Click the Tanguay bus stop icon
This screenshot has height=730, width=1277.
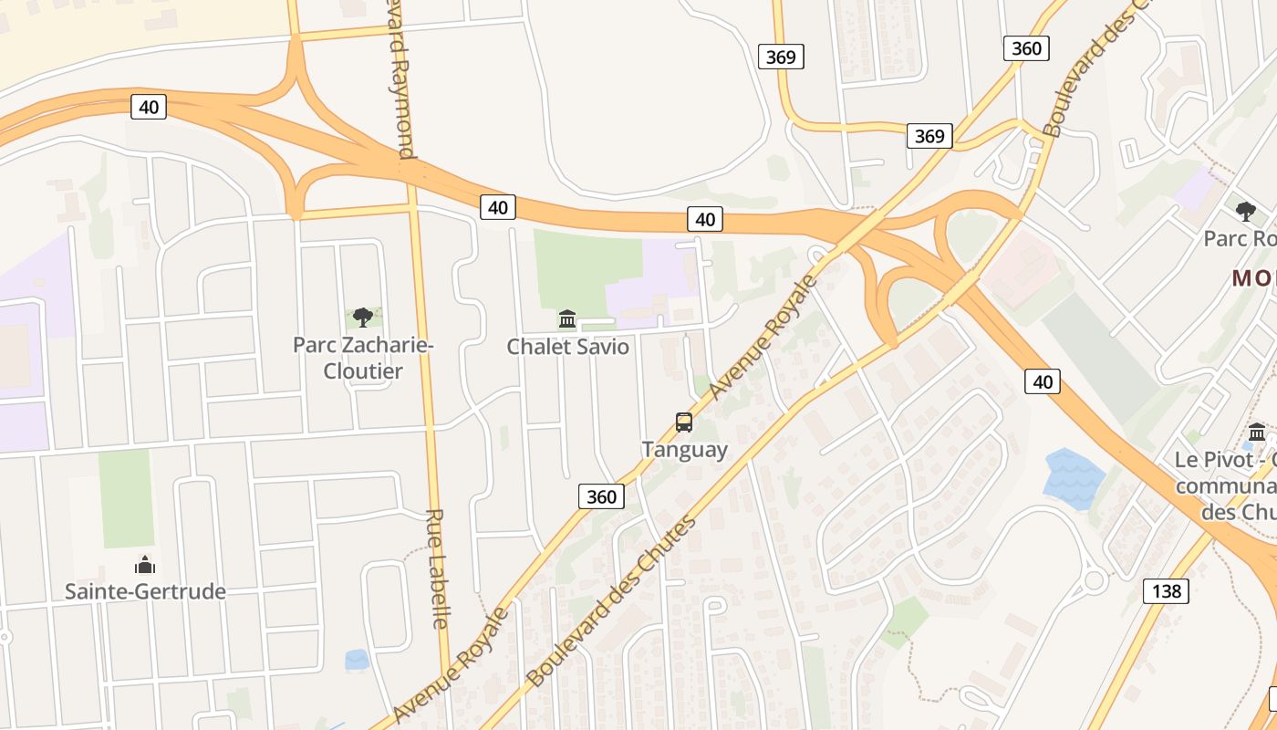(684, 422)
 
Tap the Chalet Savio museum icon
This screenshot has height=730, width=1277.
(567, 318)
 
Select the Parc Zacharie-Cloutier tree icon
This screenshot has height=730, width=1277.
(362, 317)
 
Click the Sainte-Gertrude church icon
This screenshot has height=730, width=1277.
(145, 565)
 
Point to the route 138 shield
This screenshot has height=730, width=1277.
(1166, 591)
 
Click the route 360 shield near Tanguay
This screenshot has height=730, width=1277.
(601, 496)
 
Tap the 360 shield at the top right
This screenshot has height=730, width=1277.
(1026, 48)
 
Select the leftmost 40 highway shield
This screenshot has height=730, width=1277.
(149, 107)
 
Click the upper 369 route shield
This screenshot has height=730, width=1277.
(781, 57)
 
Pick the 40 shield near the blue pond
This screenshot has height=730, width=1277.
(1042, 381)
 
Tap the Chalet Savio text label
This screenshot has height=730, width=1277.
(567, 347)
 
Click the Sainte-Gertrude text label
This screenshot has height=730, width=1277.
(145, 591)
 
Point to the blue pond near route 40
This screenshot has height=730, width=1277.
(1074, 477)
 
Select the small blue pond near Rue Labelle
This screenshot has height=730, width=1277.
(357, 659)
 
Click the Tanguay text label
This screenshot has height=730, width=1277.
(684, 449)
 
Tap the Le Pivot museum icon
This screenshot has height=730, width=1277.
(1256, 432)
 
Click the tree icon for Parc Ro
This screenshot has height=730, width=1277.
(1245, 212)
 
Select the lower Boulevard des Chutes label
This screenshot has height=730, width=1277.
(611, 602)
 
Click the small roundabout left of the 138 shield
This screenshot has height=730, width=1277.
(1094, 579)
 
